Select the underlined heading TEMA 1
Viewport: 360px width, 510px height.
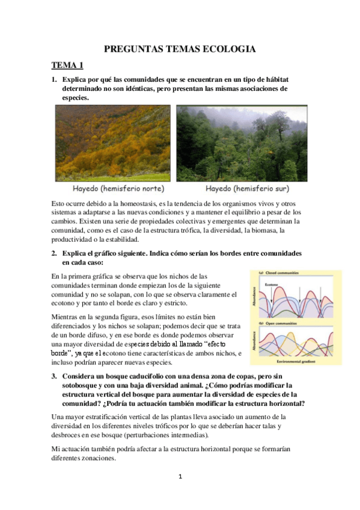67,66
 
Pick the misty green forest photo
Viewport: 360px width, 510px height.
242,143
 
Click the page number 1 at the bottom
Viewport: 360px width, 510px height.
180,477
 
